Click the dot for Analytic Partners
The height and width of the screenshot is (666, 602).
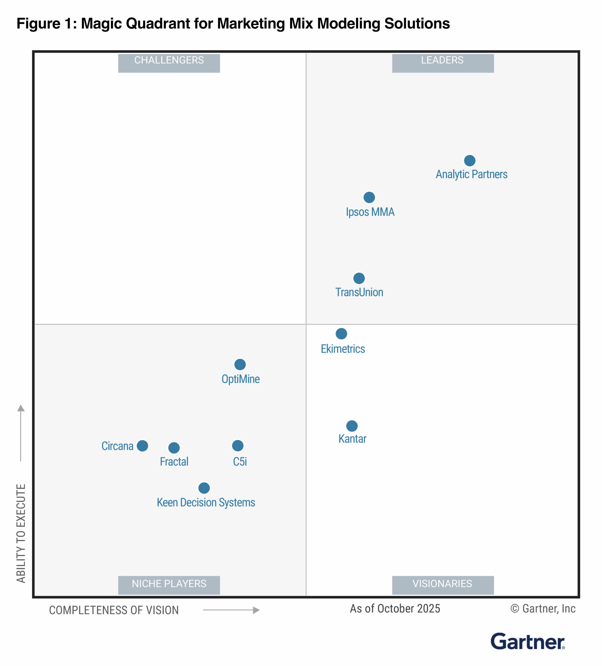coord(470,161)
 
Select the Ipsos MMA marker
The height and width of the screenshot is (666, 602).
coord(369,197)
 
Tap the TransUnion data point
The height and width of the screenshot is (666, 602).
coord(359,278)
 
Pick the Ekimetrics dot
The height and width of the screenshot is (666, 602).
coord(341,334)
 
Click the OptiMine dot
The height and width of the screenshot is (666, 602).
coord(240,364)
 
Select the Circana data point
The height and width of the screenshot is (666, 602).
coord(142,446)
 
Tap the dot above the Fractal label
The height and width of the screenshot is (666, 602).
coord(174,448)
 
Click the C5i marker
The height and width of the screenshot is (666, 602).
coord(238,446)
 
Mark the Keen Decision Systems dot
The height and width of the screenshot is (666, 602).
coord(204,488)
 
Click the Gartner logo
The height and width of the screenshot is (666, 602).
coord(527,642)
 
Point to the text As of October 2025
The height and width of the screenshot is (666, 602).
coord(395,609)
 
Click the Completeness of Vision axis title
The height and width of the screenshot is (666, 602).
coord(114,610)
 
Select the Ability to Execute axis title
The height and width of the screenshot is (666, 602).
coord(21,533)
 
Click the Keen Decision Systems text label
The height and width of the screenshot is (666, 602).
coord(206,502)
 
